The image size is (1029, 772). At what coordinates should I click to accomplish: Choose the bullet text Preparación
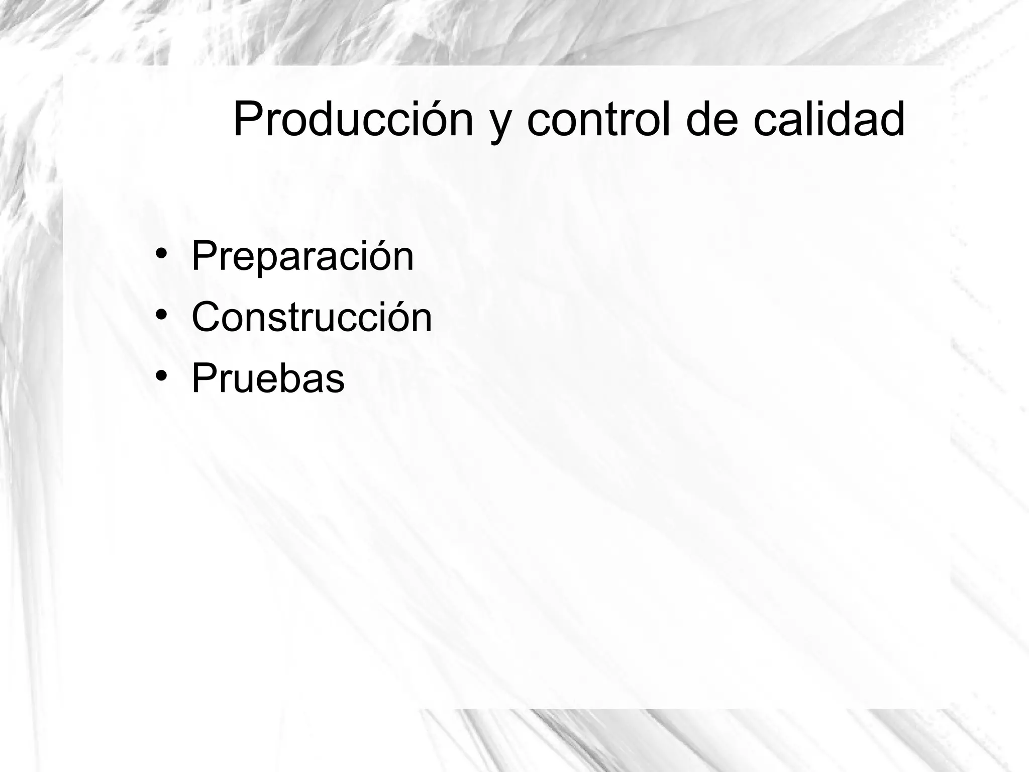302,256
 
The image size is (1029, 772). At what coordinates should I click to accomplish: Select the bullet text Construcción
312,318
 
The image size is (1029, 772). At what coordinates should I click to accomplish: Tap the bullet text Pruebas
268,379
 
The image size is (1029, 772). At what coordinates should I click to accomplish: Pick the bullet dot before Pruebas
161,375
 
